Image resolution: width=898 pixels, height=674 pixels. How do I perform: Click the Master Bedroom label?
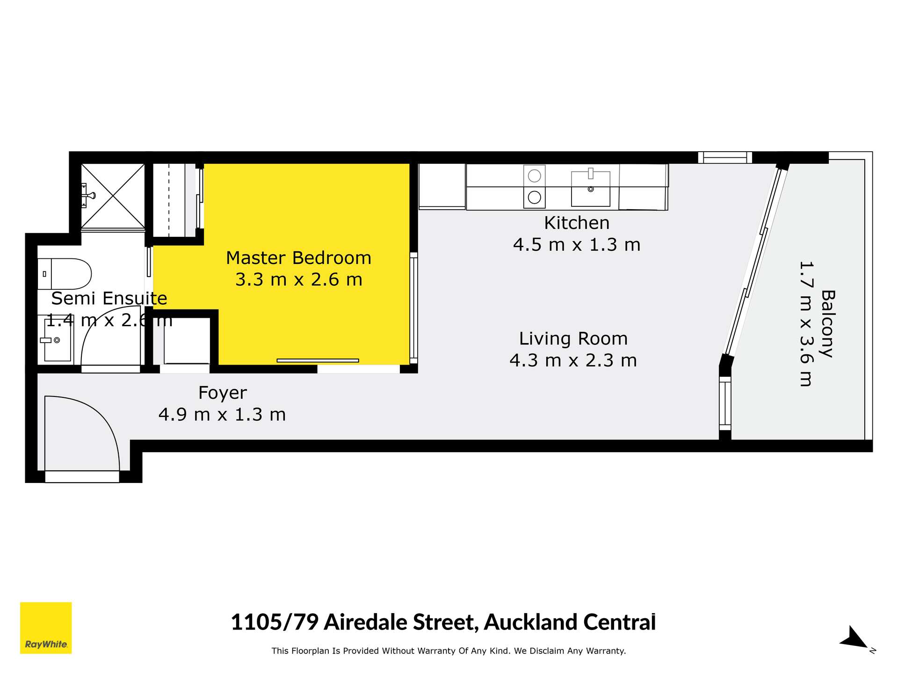click(x=298, y=258)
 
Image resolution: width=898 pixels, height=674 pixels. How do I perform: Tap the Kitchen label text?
click(x=577, y=223)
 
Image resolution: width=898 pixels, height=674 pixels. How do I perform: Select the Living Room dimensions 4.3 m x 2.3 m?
click(x=573, y=360)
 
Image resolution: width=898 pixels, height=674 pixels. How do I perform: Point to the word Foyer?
click(x=222, y=393)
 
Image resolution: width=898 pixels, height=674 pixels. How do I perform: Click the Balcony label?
click(x=828, y=324)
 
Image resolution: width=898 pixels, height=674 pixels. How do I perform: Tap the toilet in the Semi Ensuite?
click(x=65, y=274)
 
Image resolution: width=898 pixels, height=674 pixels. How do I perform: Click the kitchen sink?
click(x=591, y=188)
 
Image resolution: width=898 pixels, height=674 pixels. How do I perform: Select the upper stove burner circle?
click(x=535, y=176)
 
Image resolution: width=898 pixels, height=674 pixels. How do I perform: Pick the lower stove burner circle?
click(x=535, y=197)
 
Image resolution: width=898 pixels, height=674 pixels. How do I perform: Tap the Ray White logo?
click(x=46, y=628)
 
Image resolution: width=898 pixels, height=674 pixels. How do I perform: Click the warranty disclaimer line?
click(x=449, y=651)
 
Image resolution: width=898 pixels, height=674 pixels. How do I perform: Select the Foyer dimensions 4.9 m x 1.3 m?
click(x=222, y=415)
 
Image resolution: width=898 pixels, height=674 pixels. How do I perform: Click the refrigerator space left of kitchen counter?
click(x=442, y=186)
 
